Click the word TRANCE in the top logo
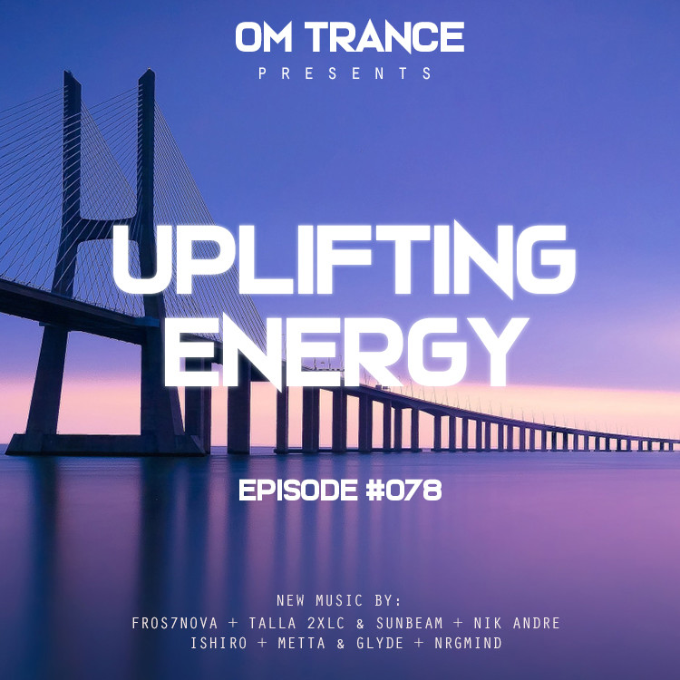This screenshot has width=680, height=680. tap(384, 37)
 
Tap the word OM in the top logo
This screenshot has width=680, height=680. tap(263, 37)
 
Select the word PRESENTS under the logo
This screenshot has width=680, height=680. tap(345, 73)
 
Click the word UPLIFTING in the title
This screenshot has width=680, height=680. tap(344, 260)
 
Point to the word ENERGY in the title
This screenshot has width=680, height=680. tap(345, 352)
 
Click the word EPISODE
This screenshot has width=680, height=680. tap(298, 491)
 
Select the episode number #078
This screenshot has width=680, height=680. tap(403, 491)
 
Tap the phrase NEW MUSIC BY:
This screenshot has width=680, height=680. tap(339, 600)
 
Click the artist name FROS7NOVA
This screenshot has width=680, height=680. tap(175, 623)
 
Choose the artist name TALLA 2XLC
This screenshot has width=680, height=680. tap(296, 623)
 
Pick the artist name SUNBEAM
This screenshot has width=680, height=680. tap(410, 623)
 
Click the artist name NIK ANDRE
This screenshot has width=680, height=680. tap(517, 623)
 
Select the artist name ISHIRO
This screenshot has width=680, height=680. tap(219, 643)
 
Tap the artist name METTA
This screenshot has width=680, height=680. tap(301, 643)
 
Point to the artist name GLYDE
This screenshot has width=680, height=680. tap(380, 643)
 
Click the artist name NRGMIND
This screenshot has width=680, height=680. tap(469, 643)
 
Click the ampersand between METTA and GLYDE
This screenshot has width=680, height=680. tap(341, 643)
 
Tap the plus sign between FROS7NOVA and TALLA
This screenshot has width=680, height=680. tap(233, 623)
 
